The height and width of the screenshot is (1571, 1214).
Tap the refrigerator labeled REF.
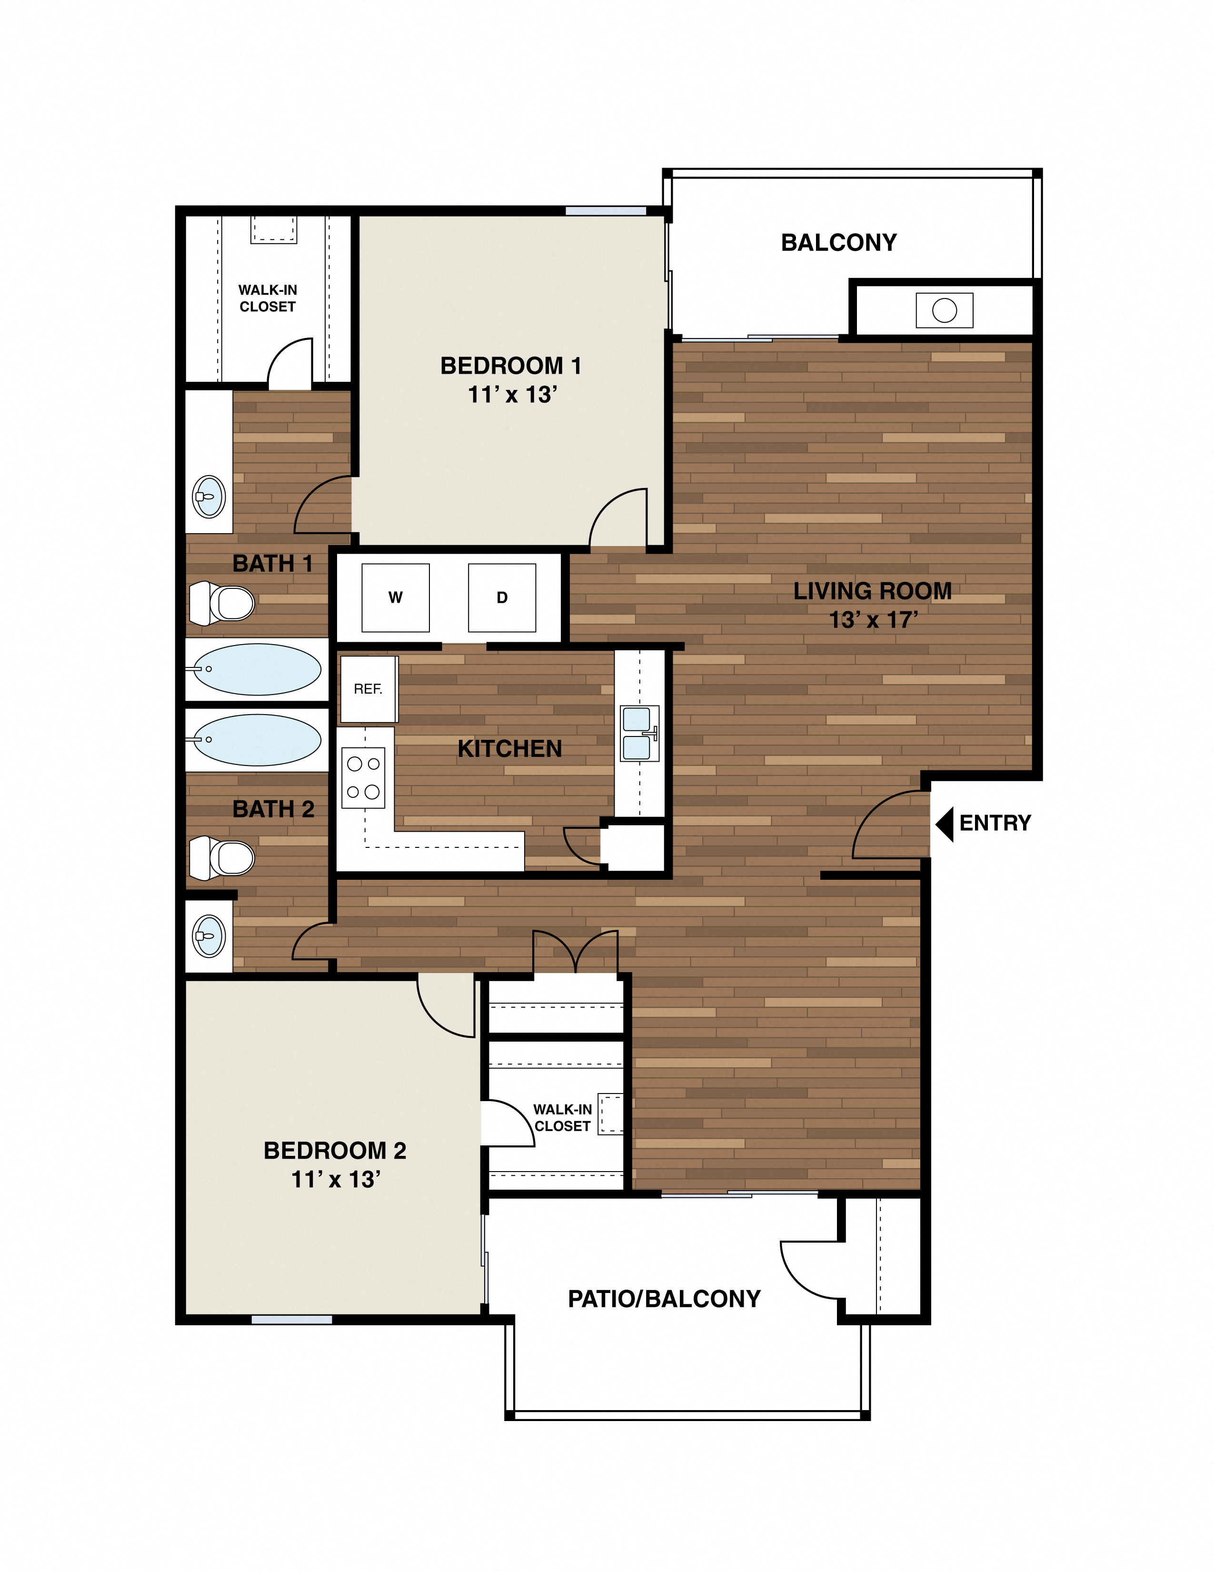[x=368, y=689]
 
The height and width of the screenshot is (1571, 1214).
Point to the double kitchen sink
[x=638, y=734]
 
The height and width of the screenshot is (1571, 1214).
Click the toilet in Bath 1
[x=223, y=603]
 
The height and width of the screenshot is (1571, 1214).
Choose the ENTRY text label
[x=995, y=823]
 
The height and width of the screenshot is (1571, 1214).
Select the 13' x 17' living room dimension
[x=873, y=620]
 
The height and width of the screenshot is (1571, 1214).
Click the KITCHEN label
[x=509, y=749]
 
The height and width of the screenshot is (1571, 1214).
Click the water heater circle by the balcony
[x=945, y=311]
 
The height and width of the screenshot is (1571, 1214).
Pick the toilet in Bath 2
[x=223, y=857]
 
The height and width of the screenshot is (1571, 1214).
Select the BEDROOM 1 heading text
[x=511, y=366]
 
